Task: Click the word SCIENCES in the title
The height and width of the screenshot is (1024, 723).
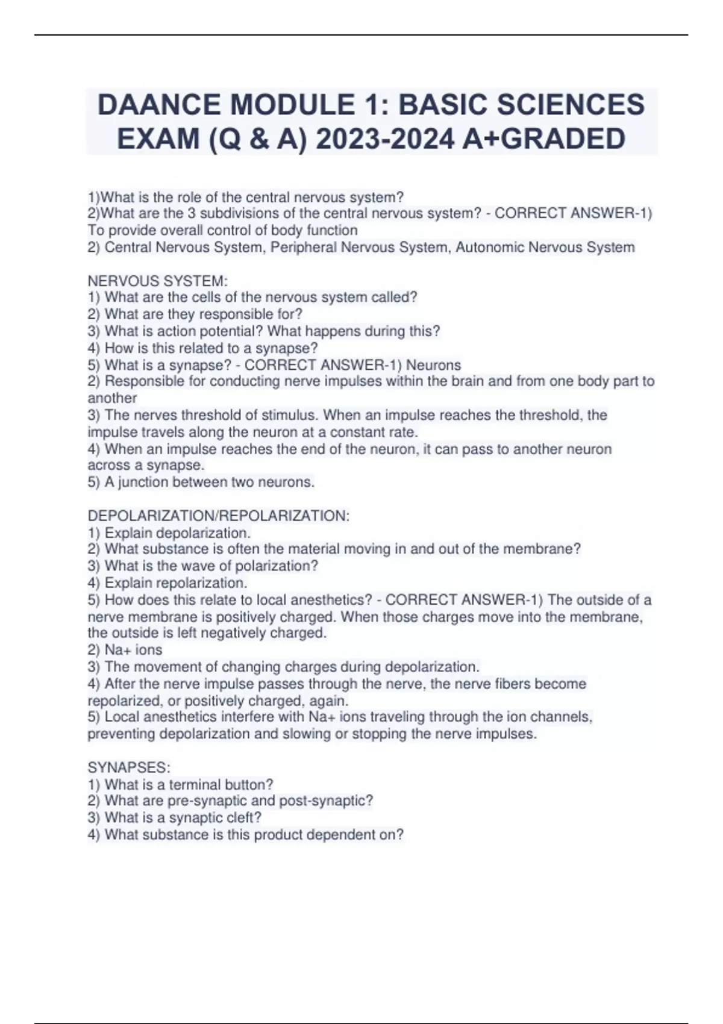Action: coord(579,105)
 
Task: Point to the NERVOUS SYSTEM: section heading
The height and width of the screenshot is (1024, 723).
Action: coord(158,281)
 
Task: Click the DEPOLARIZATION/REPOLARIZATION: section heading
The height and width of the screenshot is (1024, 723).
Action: coord(218,516)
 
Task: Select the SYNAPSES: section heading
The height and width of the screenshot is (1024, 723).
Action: coord(129,767)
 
